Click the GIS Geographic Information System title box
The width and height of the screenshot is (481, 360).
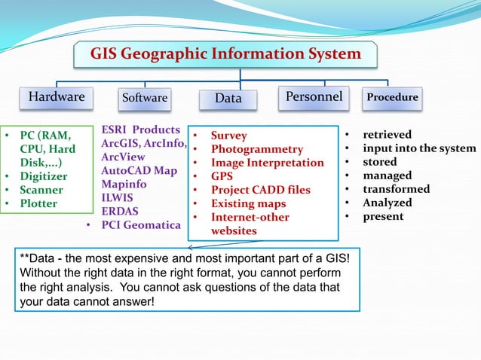(225, 54)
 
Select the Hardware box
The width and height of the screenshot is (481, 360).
(57, 97)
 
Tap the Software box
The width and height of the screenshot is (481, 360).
(145, 98)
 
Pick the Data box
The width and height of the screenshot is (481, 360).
(228, 99)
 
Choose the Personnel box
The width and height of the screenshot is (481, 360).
(314, 96)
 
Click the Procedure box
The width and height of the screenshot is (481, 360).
(391, 97)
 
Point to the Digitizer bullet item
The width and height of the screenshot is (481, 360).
(46, 176)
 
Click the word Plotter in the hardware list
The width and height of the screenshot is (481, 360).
(40, 203)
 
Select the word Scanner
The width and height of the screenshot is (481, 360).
(41, 190)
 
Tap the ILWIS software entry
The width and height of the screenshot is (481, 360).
(118, 197)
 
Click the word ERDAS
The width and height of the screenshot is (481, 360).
(121, 211)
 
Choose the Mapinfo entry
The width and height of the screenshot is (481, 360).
(125, 184)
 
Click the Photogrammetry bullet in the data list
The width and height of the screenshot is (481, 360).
(256, 149)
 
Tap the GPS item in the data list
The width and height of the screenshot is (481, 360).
(222, 176)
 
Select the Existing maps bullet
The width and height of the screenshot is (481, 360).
(248, 203)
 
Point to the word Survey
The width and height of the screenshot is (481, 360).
(228, 136)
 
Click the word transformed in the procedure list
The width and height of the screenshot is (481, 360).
(396, 189)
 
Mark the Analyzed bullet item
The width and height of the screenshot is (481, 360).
(387, 203)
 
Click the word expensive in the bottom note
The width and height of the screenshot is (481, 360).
(149, 258)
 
